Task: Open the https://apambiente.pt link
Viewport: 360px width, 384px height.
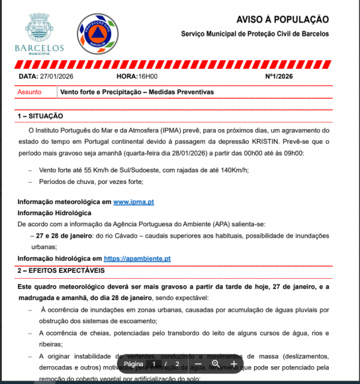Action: pyautogui.click(x=138, y=259)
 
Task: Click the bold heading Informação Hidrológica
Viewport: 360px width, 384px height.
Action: pyautogui.click(x=54, y=213)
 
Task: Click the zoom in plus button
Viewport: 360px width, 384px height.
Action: pyautogui.click(x=234, y=364)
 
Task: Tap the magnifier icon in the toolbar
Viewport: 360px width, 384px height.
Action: pyautogui.click(x=216, y=364)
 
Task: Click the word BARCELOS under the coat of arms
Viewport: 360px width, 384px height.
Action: pyautogui.click(x=39, y=48)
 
